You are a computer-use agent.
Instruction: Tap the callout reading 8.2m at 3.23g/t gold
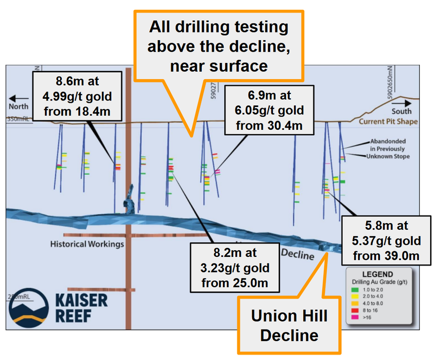point(235,268)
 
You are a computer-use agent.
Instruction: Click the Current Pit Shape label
point(388,122)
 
